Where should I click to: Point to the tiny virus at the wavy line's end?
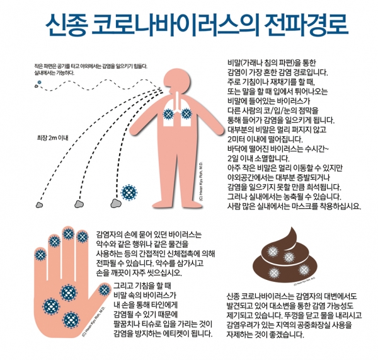point(40,83)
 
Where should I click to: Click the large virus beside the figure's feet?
point(129,192)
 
